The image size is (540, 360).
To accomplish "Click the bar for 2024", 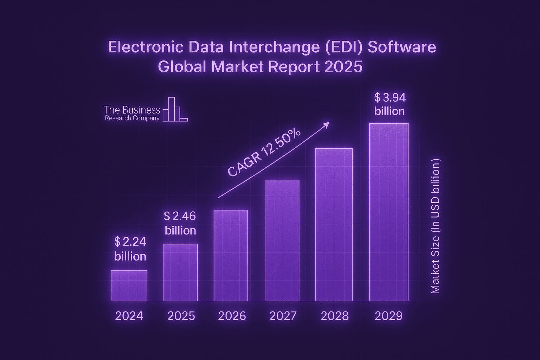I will (129, 286).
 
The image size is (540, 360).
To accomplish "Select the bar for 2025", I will (180, 272).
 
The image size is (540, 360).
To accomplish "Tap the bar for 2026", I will (231, 256).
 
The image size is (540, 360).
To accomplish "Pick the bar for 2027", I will (282, 240).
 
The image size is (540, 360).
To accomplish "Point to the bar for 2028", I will (334, 225).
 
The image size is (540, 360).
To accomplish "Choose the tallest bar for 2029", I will (388, 212).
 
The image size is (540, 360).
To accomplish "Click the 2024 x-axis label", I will (129, 316).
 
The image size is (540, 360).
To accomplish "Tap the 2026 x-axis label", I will (232, 316).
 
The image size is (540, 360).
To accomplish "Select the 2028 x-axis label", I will (334, 316).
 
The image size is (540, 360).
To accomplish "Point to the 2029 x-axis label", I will (388, 316).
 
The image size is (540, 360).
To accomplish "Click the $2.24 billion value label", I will (130, 249).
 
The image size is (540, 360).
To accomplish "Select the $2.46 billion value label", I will (180, 223).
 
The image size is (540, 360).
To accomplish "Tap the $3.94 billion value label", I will (390, 104).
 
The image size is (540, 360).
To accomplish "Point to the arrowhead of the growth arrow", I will (327, 124).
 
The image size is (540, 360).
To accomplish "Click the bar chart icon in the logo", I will (175, 110).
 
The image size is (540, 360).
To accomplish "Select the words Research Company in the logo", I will (132, 118).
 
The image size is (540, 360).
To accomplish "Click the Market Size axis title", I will (435, 226).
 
